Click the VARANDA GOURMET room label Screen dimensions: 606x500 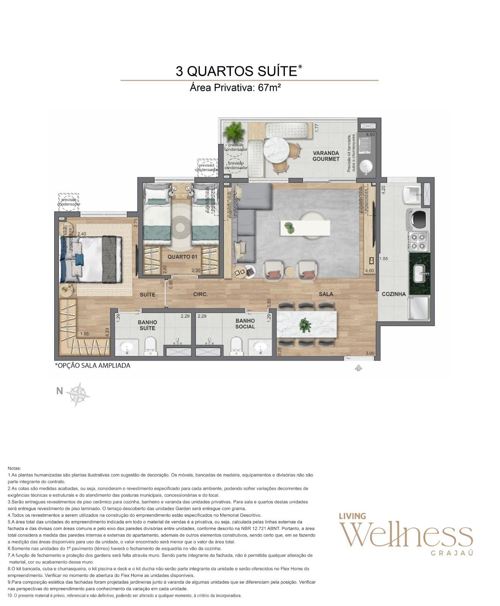tap(326, 156)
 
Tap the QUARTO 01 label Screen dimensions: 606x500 tap(183, 257)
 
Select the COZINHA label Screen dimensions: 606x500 tap(394, 294)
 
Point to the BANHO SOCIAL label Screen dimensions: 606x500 tap(245, 324)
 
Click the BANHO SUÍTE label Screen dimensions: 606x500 tap(147, 325)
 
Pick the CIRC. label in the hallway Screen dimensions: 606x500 tap(200, 294)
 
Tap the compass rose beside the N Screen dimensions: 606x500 tap(78, 394)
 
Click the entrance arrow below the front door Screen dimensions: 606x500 tap(358, 367)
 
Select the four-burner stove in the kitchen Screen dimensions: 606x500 tap(419, 242)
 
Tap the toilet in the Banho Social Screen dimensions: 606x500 tap(236, 345)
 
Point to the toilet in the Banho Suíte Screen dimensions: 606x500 tap(151, 346)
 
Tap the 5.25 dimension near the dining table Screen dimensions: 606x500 tap(280, 352)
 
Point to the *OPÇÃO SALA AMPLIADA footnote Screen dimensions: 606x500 tap(93, 366)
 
